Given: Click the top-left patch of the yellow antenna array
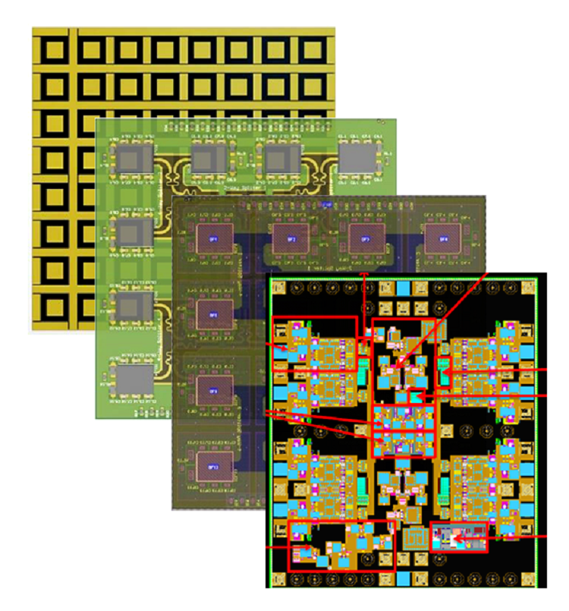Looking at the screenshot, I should pos(54,50).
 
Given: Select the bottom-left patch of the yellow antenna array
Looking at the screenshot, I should pos(54,306).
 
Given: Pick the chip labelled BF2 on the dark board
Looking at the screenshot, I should pos(288,238).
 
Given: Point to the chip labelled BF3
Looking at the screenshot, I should pos(365,238).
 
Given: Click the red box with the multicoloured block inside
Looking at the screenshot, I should pos(458,537).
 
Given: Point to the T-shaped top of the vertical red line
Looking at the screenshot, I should pos(364,273).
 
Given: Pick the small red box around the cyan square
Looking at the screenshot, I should pos(416,397).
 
